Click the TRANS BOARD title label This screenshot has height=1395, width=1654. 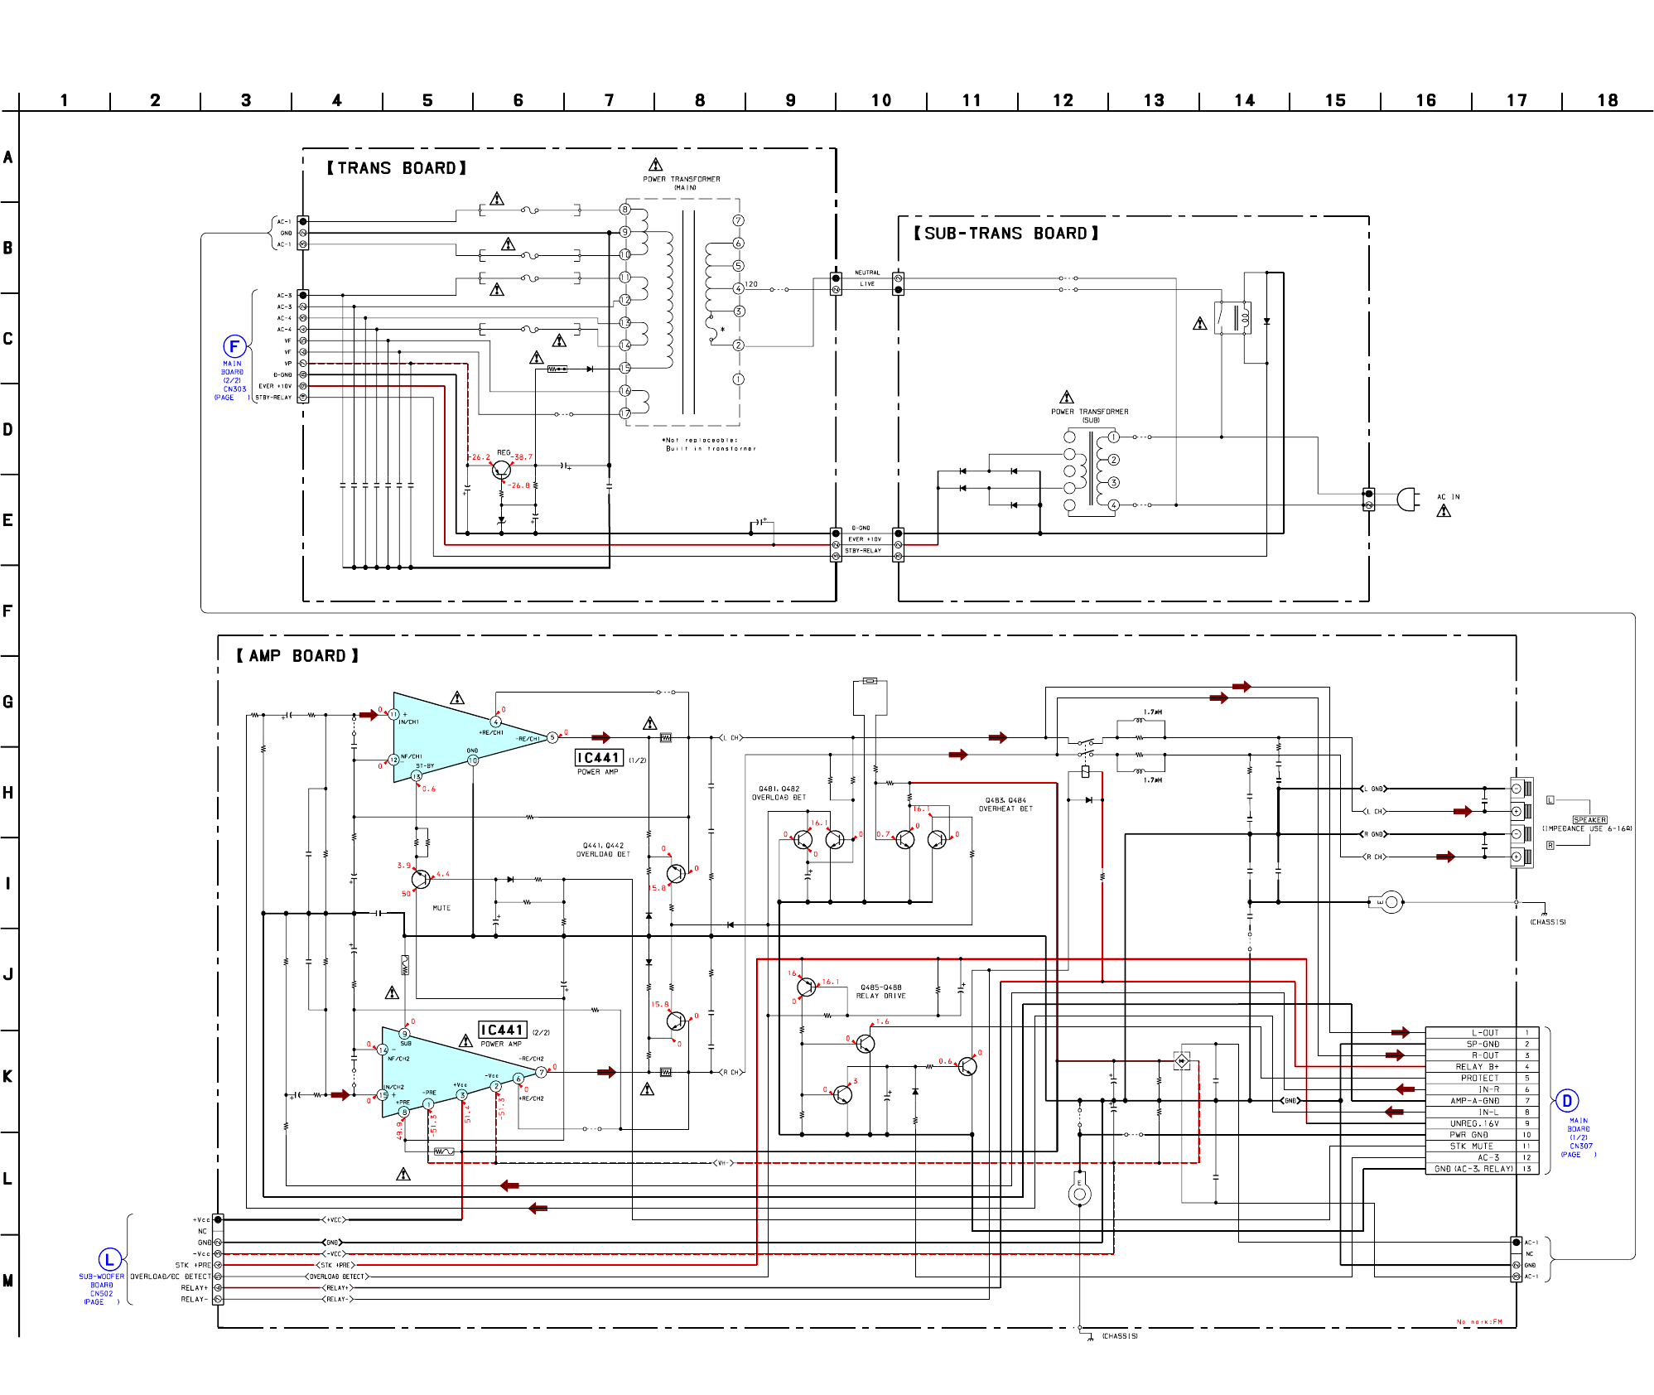click(396, 168)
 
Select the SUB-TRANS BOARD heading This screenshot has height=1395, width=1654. click(1005, 234)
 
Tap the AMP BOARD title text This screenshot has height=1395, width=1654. click(297, 656)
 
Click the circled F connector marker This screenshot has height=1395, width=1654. click(234, 346)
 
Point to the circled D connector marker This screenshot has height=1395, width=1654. click(1566, 1101)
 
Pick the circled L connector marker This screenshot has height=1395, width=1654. click(109, 1260)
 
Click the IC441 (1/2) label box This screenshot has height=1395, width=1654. click(598, 758)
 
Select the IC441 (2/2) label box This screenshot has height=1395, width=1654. click(502, 1030)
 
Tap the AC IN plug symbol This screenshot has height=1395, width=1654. click(1407, 499)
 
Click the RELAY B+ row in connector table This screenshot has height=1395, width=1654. click(1477, 1067)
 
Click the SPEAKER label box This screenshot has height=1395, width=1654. click(1589, 820)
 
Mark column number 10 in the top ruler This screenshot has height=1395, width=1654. click(880, 100)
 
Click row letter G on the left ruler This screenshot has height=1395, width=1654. click(8, 702)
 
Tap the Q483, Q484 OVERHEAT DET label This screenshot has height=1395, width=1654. click(1005, 804)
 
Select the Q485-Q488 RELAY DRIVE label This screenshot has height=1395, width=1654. click(880, 992)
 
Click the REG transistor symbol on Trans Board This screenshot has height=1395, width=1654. click(501, 471)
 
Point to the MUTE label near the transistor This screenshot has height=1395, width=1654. click(441, 908)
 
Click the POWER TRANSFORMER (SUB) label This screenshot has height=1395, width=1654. click(1089, 416)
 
